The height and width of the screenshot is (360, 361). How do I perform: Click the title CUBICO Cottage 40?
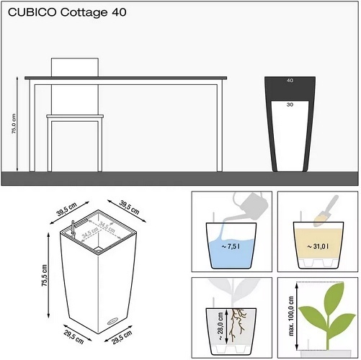click(x=67, y=12)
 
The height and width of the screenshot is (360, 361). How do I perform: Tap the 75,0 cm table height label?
click(x=14, y=124)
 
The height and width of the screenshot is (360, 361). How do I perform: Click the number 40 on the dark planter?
click(x=290, y=81)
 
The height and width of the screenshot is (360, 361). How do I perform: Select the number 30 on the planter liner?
click(x=290, y=104)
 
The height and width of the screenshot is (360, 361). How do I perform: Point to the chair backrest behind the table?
click(x=75, y=67)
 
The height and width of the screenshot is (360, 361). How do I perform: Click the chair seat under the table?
click(x=75, y=117)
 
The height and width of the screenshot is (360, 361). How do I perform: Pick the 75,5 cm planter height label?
click(x=45, y=275)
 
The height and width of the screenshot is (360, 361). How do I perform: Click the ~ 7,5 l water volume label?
click(x=231, y=246)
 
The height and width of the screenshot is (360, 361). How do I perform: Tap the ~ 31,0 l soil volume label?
click(x=318, y=246)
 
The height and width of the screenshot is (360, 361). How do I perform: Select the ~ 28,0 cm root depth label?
click(x=220, y=326)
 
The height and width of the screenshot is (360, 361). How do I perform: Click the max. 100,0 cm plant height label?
click(x=291, y=316)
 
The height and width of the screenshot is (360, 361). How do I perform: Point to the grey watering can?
click(x=250, y=207)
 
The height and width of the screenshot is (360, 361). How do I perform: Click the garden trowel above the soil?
click(x=326, y=211)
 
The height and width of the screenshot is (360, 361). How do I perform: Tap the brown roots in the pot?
click(x=237, y=325)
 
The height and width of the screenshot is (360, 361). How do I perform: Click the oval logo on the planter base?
click(x=112, y=321)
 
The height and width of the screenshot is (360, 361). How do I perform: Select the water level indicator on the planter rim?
click(x=73, y=228)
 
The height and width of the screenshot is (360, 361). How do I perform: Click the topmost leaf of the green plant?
click(x=334, y=294)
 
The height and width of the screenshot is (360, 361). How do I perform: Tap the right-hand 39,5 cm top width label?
click(x=129, y=207)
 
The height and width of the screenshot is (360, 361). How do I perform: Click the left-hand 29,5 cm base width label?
click(x=73, y=337)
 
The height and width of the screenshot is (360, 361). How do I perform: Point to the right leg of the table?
click(x=220, y=125)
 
